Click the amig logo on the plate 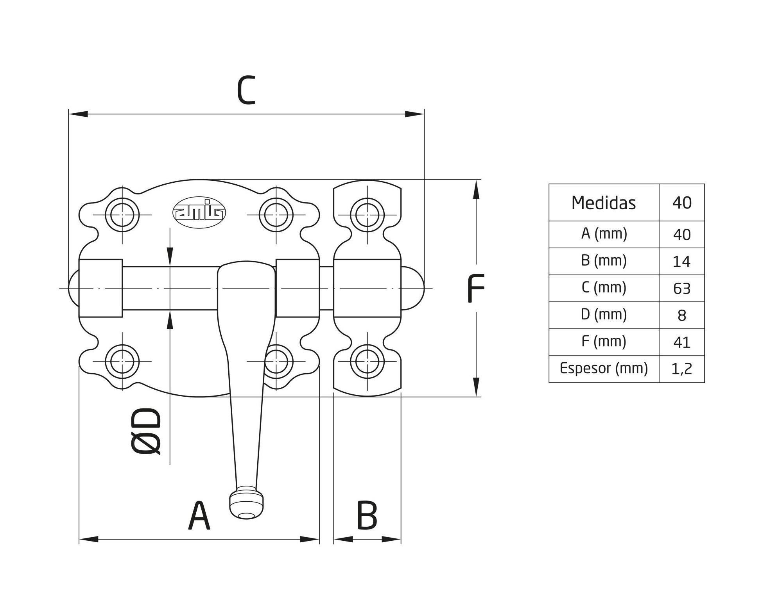pos(199,212)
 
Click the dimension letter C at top pos(246,90)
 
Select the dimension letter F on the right pos(476,289)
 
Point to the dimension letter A pos(199,516)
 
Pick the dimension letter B pos(367,516)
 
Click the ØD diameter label pos(146,431)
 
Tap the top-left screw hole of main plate pos(122,215)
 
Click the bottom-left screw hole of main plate pos(122,362)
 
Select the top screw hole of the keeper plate pos(367,215)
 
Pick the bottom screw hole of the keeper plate pos(367,362)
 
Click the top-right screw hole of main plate pos(276,215)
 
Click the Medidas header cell pos(603,203)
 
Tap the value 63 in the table pos(682,289)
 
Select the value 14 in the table pos(682,262)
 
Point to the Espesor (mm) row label pos(604,368)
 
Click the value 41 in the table pos(682,342)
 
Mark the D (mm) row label pos(604,315)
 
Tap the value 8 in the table pos(682,315)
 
